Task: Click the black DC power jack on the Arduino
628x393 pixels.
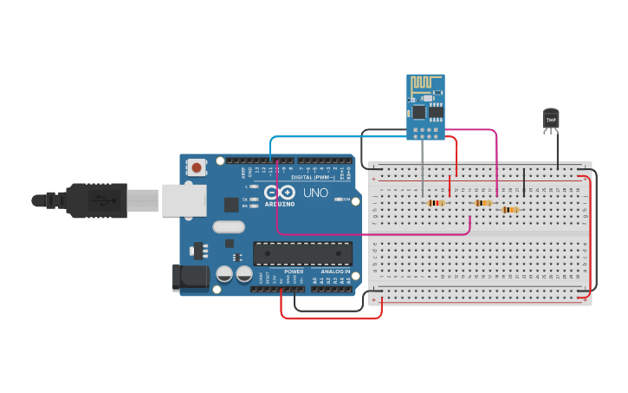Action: click(x=191, y=277)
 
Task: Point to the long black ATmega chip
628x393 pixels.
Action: click(x=302, y=253)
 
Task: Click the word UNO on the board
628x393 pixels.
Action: click(x=316, y=193)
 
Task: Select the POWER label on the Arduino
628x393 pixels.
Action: click(x=294, y=272)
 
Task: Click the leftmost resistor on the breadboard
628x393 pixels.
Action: click(x=436, y=203)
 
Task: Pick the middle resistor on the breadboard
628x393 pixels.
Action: click(x=482, y=203)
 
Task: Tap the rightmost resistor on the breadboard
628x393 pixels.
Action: click(x=510, y=209)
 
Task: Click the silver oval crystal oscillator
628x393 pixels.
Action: click(x=228, y=227)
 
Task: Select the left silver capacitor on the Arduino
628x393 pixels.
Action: click(x=224, y=273)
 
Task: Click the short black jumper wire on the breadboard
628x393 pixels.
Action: click(x=524, y=183)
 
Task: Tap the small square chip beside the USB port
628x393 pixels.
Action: click(x=231, y=205)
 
